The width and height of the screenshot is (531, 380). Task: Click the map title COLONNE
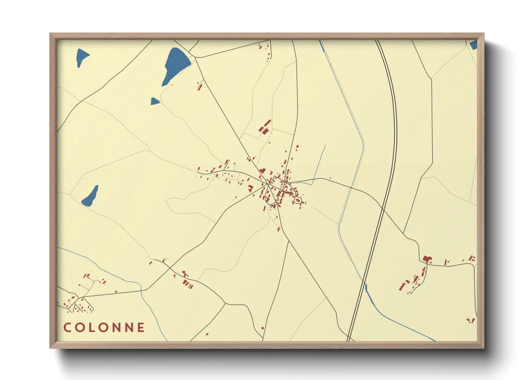click(104, 327)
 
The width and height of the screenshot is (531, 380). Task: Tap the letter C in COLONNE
click(67, 327)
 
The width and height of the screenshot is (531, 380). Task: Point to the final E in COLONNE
click(141, 327)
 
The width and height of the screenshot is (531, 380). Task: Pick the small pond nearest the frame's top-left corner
click(82, 57)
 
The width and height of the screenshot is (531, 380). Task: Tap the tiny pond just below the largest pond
click(155, 102)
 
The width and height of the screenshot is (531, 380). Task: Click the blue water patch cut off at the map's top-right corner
click(474, 45)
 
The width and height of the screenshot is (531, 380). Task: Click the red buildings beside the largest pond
click(200, 86)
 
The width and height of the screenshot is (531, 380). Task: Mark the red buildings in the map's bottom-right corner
click(471, 320)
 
